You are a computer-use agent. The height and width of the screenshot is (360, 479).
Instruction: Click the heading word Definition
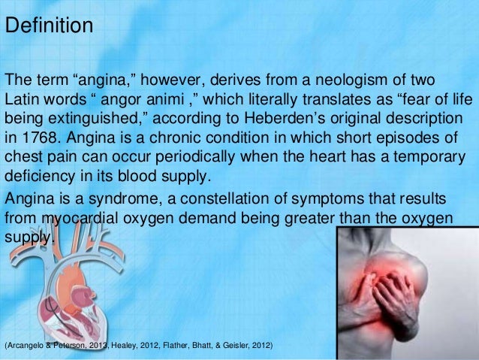click(49, 26)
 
